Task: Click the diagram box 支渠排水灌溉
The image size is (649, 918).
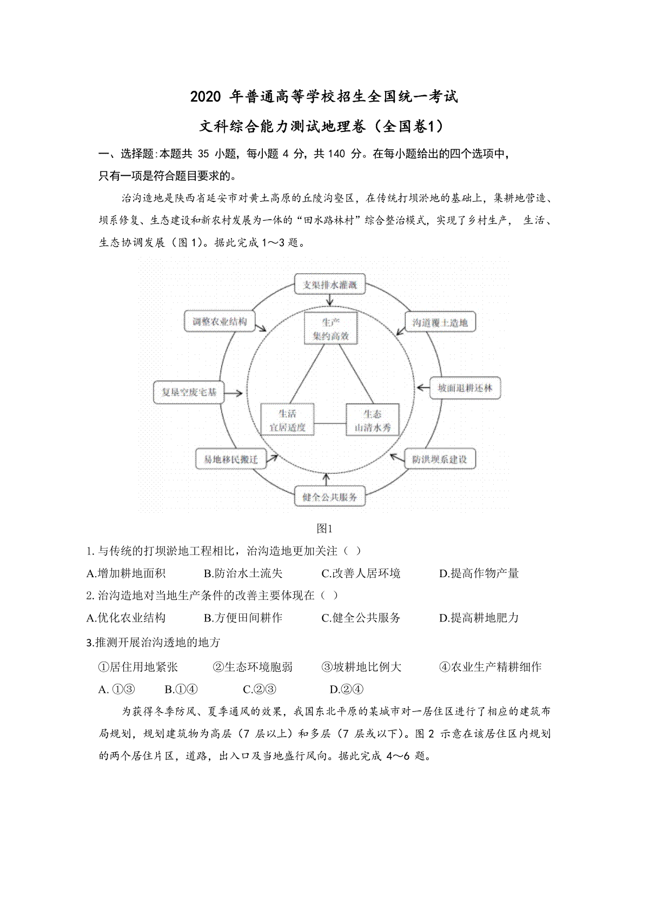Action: click(330, 285)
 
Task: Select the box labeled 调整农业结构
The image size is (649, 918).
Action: click(216, 322)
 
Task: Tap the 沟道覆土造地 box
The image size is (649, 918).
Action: click(440, 323)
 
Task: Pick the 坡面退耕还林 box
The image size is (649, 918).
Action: click(465, 388)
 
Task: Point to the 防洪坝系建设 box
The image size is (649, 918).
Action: click(439, 459)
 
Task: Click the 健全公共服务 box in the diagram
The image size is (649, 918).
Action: click(329, 497)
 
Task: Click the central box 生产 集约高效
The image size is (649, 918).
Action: click(330, 329)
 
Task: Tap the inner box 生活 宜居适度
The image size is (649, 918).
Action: click(287, 420)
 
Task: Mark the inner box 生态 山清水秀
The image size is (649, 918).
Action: click(372, 420)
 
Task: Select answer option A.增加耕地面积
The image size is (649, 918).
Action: click(126, 573)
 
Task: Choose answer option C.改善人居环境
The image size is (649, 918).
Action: click(361, 573)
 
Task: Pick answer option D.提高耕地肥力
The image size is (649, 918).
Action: click(479, 618)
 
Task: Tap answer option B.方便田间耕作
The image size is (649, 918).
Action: click(243, 618)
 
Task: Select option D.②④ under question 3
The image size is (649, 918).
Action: click(346, 689)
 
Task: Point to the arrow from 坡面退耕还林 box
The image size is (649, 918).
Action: click(422, 388)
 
